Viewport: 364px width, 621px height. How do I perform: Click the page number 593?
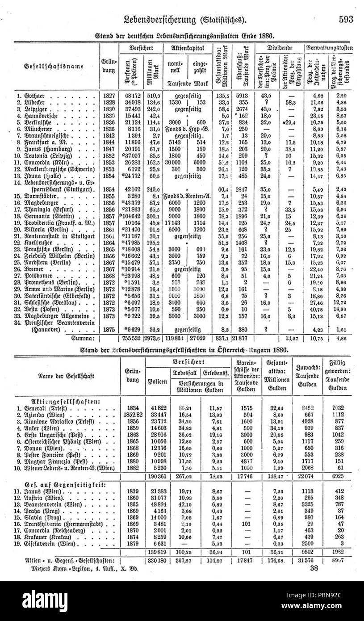tap(345, 19)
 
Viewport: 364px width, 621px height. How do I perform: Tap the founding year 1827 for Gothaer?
tap(109, 95)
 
